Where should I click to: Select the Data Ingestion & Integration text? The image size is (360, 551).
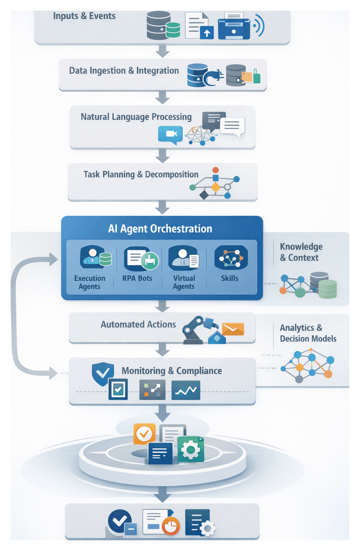124,70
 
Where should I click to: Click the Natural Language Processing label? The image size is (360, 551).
136,116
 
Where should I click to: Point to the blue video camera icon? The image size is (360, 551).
170,135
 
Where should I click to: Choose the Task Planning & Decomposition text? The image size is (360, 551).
141,174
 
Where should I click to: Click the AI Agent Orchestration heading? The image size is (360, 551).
160,229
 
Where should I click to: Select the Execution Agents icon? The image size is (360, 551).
96,258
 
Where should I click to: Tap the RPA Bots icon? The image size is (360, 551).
141,259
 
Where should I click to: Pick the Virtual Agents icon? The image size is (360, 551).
184,258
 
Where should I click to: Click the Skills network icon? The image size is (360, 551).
230,258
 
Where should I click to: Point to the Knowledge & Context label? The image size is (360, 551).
301,252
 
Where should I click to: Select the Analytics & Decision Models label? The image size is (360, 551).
308,333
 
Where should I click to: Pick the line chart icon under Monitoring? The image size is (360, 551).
186,390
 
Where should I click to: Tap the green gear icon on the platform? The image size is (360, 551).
190,449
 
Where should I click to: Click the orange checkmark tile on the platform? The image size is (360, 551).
144,435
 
